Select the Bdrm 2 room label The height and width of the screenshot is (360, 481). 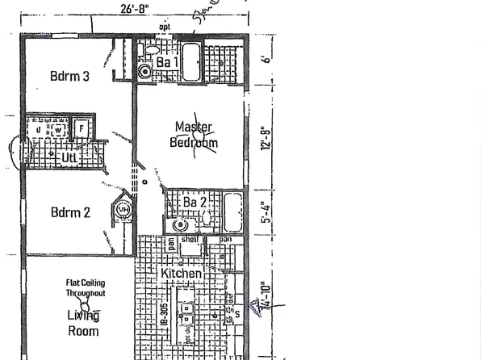click(x=69, y=213)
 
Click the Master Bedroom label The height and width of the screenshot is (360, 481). click(x=194, y=135)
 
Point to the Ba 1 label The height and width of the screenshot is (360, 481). click(x=167, y=62)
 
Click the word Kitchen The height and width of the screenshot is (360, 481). click(x=182, y=274)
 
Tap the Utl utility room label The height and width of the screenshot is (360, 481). click(x=70, y=157)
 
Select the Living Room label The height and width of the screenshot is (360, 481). click(x=83, y=323)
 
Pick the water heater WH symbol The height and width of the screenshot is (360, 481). click(x=123, y=210)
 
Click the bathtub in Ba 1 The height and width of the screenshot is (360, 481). click(x=191, y=63)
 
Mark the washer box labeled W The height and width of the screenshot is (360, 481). click(x=58, y=129)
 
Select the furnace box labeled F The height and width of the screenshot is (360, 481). click(x=81, y=128)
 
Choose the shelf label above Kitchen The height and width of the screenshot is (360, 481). click(x=190, y=240)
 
